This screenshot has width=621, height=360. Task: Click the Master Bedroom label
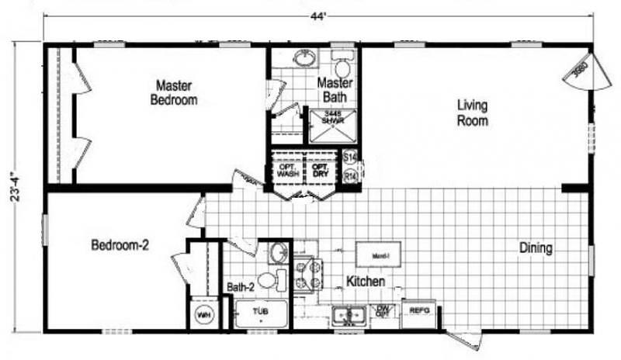(x=174, y=92)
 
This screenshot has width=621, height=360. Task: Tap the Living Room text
(x=472, y=113)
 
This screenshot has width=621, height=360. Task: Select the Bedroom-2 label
(x=120, y=245)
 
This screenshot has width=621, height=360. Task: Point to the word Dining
(x=536, y=248)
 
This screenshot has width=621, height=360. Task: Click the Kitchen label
(x=366, y=281)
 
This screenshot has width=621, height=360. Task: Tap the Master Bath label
(x=335, y=90)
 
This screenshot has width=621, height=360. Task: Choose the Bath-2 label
(x=241, y=287)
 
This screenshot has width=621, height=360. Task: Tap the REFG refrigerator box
(x=419, y=310)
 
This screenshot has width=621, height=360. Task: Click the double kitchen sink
(x=349, y=315)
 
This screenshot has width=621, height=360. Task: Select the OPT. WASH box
(x=288, y=170)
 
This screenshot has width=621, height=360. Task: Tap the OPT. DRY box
(x=320, y=170)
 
